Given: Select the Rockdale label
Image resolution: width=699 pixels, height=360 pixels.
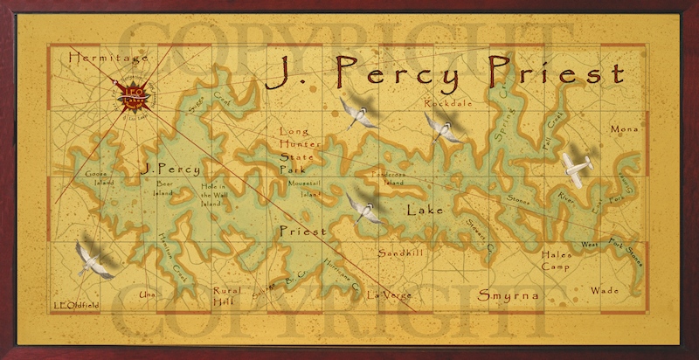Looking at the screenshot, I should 448,103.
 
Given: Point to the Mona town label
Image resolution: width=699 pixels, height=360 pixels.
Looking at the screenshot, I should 624,129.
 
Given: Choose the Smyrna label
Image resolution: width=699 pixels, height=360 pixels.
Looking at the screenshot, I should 508,296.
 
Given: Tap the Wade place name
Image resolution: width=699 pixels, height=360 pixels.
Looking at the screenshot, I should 605,290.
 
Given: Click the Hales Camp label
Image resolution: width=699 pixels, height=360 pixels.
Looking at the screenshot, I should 556,260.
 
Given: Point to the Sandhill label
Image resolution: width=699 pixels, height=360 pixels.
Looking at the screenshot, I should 400,253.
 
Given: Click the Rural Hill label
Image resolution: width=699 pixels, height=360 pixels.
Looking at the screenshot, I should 226,296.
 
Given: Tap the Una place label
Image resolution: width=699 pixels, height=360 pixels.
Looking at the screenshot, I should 148,295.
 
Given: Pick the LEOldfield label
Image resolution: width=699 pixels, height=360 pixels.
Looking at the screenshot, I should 76,305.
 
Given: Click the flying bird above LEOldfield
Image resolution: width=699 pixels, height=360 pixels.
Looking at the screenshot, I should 93,258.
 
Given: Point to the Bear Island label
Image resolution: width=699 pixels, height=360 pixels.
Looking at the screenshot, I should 165,190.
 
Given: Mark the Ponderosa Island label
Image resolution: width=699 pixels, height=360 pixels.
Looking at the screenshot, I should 389,178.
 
